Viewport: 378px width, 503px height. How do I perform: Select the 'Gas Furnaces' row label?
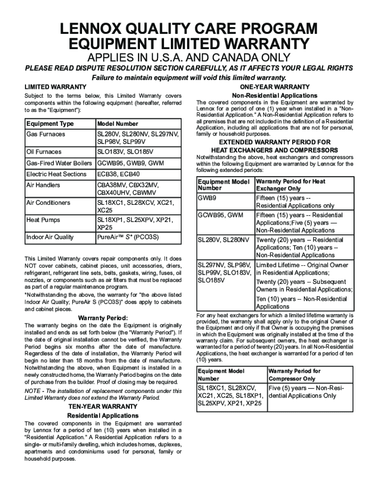45,134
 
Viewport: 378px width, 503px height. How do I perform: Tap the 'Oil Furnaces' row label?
44,152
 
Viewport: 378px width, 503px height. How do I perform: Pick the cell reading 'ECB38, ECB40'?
118,174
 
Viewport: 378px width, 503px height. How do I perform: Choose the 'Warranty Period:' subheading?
103,317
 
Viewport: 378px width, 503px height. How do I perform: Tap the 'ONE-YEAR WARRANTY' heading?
274,86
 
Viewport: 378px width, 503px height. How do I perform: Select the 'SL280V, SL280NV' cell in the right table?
223,240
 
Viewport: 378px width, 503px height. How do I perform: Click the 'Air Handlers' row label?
43,185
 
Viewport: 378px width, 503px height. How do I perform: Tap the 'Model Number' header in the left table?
118,124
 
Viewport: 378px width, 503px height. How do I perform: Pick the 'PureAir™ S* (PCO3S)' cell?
127,237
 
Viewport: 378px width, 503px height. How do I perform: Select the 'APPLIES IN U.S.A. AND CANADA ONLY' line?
189,58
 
